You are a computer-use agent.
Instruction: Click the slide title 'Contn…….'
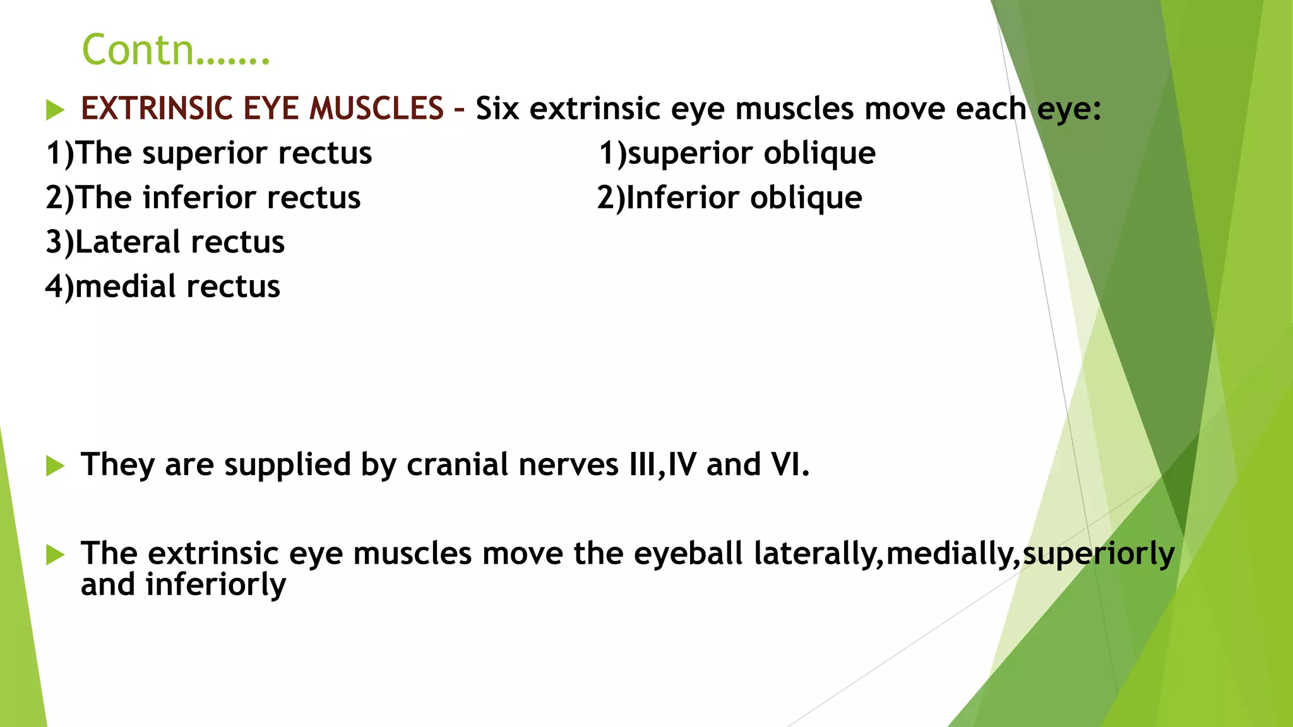tap(176, 50)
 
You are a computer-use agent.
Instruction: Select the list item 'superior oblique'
tap(737, 153)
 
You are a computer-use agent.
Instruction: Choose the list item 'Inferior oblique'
tap(730, 198)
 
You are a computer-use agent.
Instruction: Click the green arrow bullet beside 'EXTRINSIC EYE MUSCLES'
tap(56, 110)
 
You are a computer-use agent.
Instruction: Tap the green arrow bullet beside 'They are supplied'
tap(56, 466)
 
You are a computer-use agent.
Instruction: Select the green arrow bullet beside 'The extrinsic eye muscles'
tap(56, 555)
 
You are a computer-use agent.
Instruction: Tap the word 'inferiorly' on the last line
tap(215, 584)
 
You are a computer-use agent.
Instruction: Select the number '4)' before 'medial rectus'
tap(59, 287)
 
